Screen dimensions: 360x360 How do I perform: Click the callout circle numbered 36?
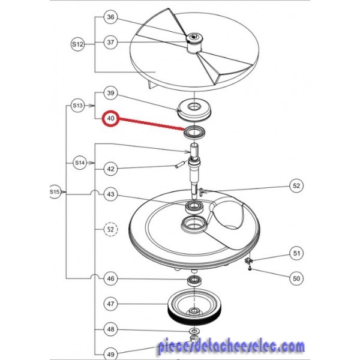click(x=110, y=17)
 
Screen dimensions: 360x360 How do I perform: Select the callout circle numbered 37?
click(x=110, y=42)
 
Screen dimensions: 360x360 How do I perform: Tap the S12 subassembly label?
click(x=77, y=44)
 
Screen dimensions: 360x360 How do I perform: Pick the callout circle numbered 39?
click(x=110, y=93)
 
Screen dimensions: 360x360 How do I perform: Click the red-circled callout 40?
click(x=111, y=118)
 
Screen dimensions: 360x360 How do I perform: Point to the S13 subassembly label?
click(x=77, y=106)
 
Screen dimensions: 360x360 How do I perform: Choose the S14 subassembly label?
click(x=80, y=163)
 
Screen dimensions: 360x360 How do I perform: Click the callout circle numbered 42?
click(x=110, y=169)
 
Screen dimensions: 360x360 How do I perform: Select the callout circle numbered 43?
click(x=110, y=194)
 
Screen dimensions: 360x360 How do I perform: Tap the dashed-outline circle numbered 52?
click(x=110, y=229)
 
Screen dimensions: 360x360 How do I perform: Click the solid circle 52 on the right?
click(x=296, y=185)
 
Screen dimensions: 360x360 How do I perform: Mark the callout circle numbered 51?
click(x=296, y=253)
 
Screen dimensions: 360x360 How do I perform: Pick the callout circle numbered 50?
click(x=296, y=278)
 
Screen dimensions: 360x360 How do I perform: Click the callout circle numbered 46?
click(x=110, y=278)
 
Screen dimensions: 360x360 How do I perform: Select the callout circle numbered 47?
click(x=110, y=304)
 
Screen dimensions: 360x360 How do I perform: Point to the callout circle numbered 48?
click(x=110, y=329)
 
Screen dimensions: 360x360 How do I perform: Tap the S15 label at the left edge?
click(x=55, y=191)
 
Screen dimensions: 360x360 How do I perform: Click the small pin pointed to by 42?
click(x=179, y=165)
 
